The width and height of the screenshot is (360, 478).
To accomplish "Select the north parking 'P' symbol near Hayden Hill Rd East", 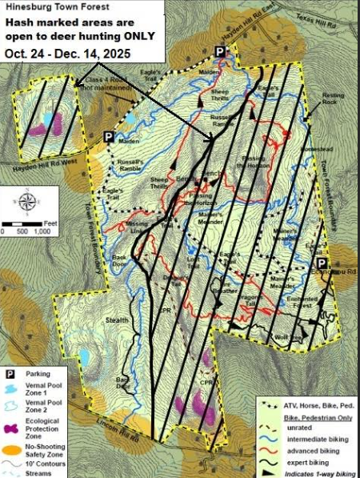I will pos(221,52).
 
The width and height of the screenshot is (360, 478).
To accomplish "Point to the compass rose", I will pos(29,200).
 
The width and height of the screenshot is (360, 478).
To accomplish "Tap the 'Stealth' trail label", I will pos(117,320).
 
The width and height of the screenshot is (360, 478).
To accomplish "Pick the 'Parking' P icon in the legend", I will pos(12,373).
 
